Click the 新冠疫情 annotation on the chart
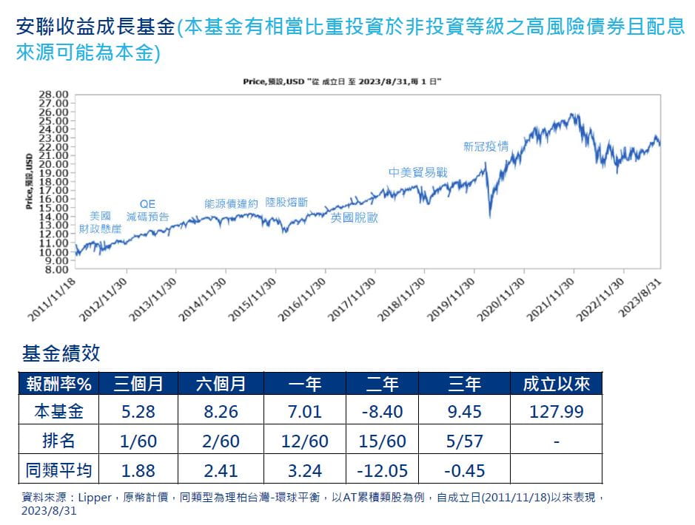(x=486, y=146)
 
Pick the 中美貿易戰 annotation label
(x=418, y=172)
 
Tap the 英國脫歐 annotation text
(x=354, y=217)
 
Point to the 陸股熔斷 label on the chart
(x=286, y=202)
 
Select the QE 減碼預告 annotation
(x=147, y=211)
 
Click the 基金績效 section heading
(x=61, y=353)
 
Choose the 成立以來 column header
(x=556, y=384)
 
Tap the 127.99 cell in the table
(x=556, y=412)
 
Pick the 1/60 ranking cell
(x=138, y=441)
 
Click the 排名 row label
(x=59, y=441)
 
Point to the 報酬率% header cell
(x=59, y=384)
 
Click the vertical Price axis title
(x=28, y=182)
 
